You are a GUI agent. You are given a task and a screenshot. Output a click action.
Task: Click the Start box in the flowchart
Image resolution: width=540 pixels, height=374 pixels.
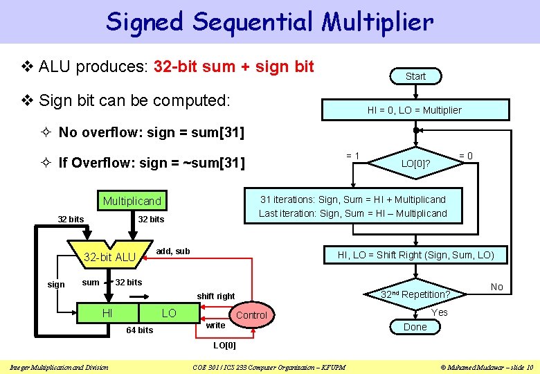point(415,76)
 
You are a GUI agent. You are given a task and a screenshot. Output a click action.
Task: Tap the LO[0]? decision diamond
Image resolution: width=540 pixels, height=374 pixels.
point(415,163)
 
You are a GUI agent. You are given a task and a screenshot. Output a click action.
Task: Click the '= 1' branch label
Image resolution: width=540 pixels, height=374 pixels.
point(352,156)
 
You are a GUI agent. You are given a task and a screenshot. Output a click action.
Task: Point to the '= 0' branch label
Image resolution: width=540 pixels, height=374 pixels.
point(466,156)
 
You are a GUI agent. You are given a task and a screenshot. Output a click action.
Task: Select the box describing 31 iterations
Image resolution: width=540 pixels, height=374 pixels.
point(353,206)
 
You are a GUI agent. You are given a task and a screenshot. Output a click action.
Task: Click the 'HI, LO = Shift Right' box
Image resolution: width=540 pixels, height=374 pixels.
point(415,255)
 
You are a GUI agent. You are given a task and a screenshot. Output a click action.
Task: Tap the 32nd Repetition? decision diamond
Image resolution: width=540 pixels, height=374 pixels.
point(415,294)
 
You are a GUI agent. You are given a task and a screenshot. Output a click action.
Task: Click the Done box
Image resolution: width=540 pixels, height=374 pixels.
point(415,327)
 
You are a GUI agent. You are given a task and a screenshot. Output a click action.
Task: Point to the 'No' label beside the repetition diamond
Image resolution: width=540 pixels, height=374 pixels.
point(496,287)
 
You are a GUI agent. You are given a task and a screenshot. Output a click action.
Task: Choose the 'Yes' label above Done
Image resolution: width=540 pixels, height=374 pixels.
point(440,312)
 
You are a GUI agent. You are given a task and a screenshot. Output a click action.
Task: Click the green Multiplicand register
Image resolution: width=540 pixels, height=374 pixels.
point(132,201)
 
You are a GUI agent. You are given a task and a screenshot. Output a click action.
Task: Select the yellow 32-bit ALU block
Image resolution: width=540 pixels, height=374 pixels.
point(109,257)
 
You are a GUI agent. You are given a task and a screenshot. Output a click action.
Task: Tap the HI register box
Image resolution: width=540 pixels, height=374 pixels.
point(107,314)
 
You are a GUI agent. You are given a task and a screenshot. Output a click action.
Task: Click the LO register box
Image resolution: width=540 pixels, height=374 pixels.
point(169,314)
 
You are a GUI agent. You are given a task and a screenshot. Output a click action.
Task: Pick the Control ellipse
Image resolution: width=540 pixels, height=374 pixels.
point(251,315)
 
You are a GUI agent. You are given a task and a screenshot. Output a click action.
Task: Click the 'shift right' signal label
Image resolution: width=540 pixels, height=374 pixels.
point(215,296)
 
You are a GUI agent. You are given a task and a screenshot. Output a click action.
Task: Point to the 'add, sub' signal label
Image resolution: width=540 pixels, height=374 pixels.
point(173,251)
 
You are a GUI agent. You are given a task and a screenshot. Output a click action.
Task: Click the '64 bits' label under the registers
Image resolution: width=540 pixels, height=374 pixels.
point(139,330)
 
